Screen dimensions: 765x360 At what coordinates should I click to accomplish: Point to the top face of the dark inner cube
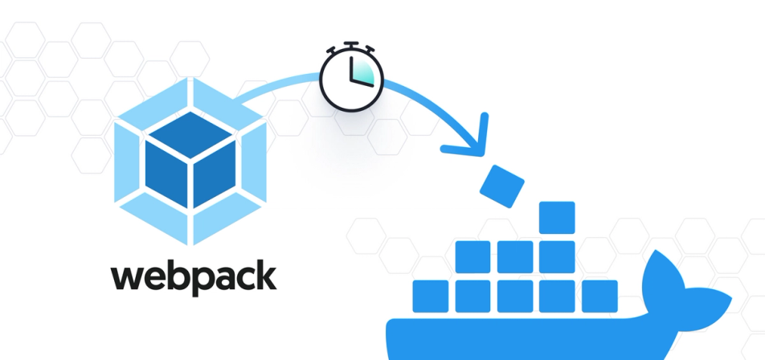pos(190,133)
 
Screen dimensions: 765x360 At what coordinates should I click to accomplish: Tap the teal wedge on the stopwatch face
pos(362,70)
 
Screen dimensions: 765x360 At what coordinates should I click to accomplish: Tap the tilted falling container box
pos(501,184)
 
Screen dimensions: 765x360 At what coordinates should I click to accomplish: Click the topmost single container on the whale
pos(557,217)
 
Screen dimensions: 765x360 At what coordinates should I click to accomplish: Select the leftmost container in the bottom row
pos(431,296)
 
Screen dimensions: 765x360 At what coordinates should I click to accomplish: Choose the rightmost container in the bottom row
pos(599,296)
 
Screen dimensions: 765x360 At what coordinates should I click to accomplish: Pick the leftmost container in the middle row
pos(472,256)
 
